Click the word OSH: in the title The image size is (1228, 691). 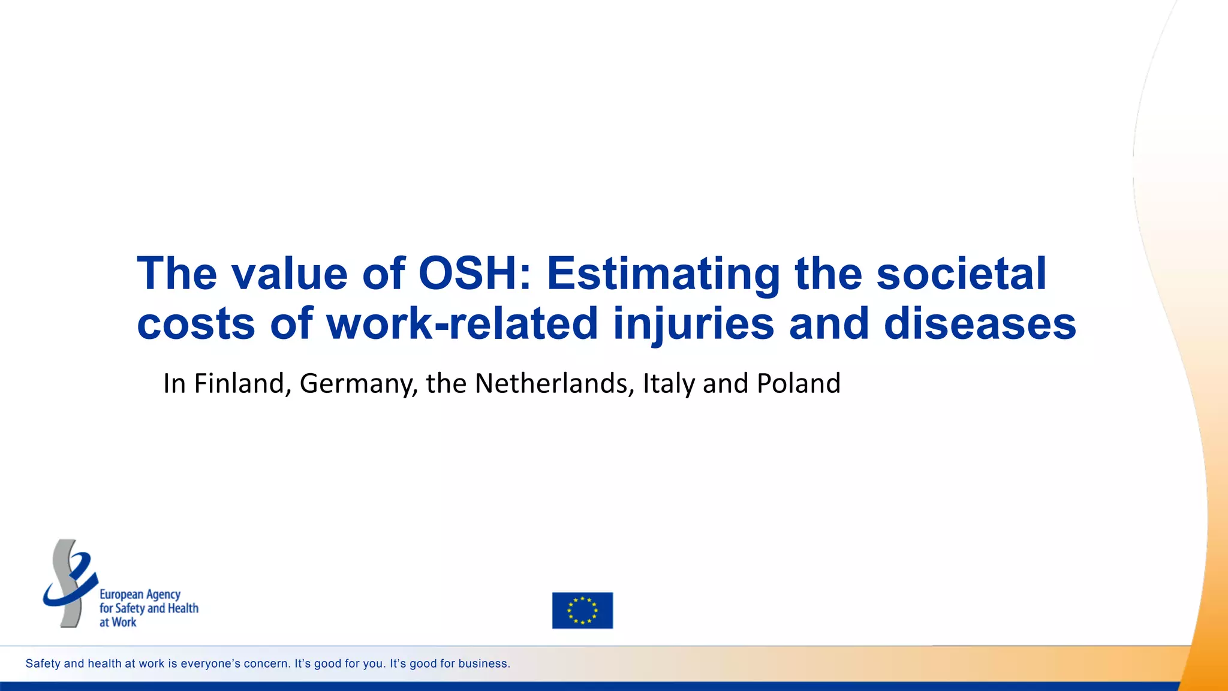pos(474,274)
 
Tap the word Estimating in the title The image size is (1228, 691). pos(663,274)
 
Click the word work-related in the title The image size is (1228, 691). pos(462,324)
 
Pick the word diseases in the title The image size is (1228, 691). pos(980,324)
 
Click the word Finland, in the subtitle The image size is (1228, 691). pos(242,384)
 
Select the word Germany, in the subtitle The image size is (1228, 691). pos(358,384)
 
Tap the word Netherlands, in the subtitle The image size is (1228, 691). pos(554,384)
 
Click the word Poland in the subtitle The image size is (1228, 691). pos(798,384)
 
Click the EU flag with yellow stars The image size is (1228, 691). pos(582,610)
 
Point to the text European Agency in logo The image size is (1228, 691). pos(140,594)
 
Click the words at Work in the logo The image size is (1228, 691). pos(118,623)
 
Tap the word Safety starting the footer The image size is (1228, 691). pos(43,663)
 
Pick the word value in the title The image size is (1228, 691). pos(289,274)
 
